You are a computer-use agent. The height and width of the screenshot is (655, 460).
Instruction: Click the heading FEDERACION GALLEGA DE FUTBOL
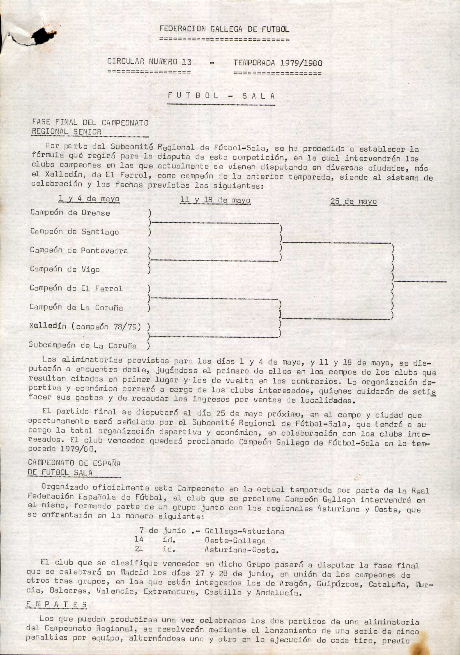point(224,29)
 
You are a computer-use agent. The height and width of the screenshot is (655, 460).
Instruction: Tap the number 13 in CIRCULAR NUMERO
point(186,62)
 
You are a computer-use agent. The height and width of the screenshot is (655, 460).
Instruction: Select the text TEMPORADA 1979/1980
point(277,63)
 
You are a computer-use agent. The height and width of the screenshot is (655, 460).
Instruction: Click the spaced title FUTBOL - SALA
point(221,96)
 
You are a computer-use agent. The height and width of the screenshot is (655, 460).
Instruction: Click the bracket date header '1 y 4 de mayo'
point(89,199)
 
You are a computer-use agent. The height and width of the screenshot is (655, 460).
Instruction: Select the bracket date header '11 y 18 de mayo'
point(215,200)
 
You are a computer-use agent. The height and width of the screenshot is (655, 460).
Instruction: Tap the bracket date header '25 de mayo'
point(353,201)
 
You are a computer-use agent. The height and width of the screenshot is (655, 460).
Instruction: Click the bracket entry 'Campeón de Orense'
point(70,213)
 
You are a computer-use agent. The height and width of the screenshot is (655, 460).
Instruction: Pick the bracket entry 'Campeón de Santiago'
point(75,231)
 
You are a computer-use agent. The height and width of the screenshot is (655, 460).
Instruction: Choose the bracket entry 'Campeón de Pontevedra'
point(79,250)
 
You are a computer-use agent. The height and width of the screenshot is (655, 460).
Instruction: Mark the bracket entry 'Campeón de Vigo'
point(65,269)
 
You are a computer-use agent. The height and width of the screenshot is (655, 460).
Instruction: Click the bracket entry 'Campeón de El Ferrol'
point(76,288)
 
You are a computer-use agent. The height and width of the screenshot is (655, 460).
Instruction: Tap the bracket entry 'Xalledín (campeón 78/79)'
point(85,326)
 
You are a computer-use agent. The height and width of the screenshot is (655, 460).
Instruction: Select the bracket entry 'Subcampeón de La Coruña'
point(82,345)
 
